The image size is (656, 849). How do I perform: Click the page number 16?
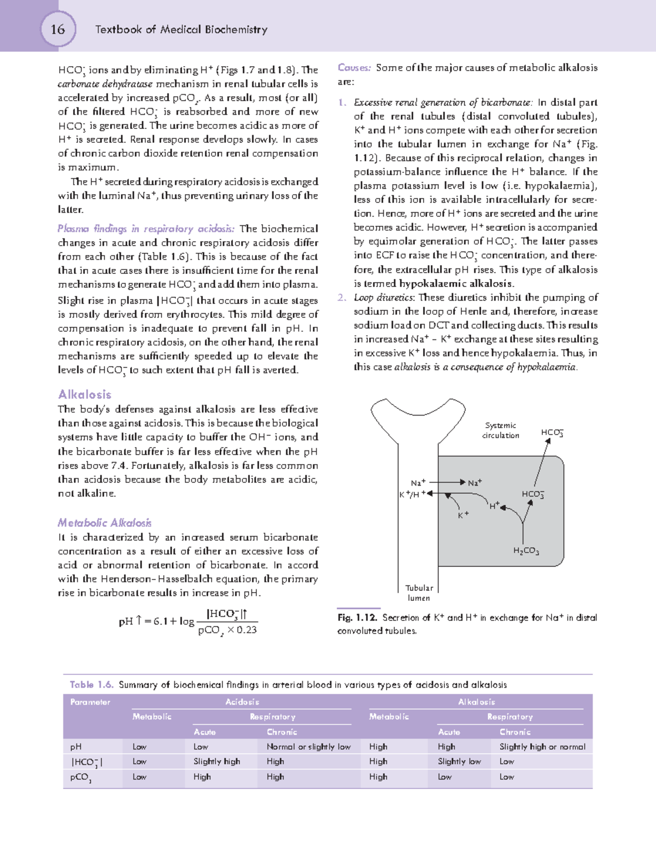click(57, 30)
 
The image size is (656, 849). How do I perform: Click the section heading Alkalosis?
click(85, 394)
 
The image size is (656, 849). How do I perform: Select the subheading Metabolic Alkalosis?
click(104, 523)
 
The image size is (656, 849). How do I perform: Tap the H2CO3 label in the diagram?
click(526, 551)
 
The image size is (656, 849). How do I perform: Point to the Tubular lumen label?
click(419, 593)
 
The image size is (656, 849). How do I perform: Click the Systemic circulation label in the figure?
click(500, 430)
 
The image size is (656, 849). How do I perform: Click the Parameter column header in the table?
click(90, 702)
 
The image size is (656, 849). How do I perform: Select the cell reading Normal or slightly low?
click(308, 747)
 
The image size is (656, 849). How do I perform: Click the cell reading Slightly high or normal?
click(542, 747)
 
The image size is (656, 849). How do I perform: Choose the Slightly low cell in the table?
click(459, 762)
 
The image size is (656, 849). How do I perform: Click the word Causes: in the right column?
click(354, 68)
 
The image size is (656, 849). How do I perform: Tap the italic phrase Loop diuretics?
click(384, 297)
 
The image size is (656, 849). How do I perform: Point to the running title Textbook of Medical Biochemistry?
click(181, 30)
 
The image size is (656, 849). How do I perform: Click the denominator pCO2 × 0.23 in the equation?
click(227, 630)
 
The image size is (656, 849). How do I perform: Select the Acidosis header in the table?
click(242, 702)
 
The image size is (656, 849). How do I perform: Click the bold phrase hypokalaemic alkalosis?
click(456, 283)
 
